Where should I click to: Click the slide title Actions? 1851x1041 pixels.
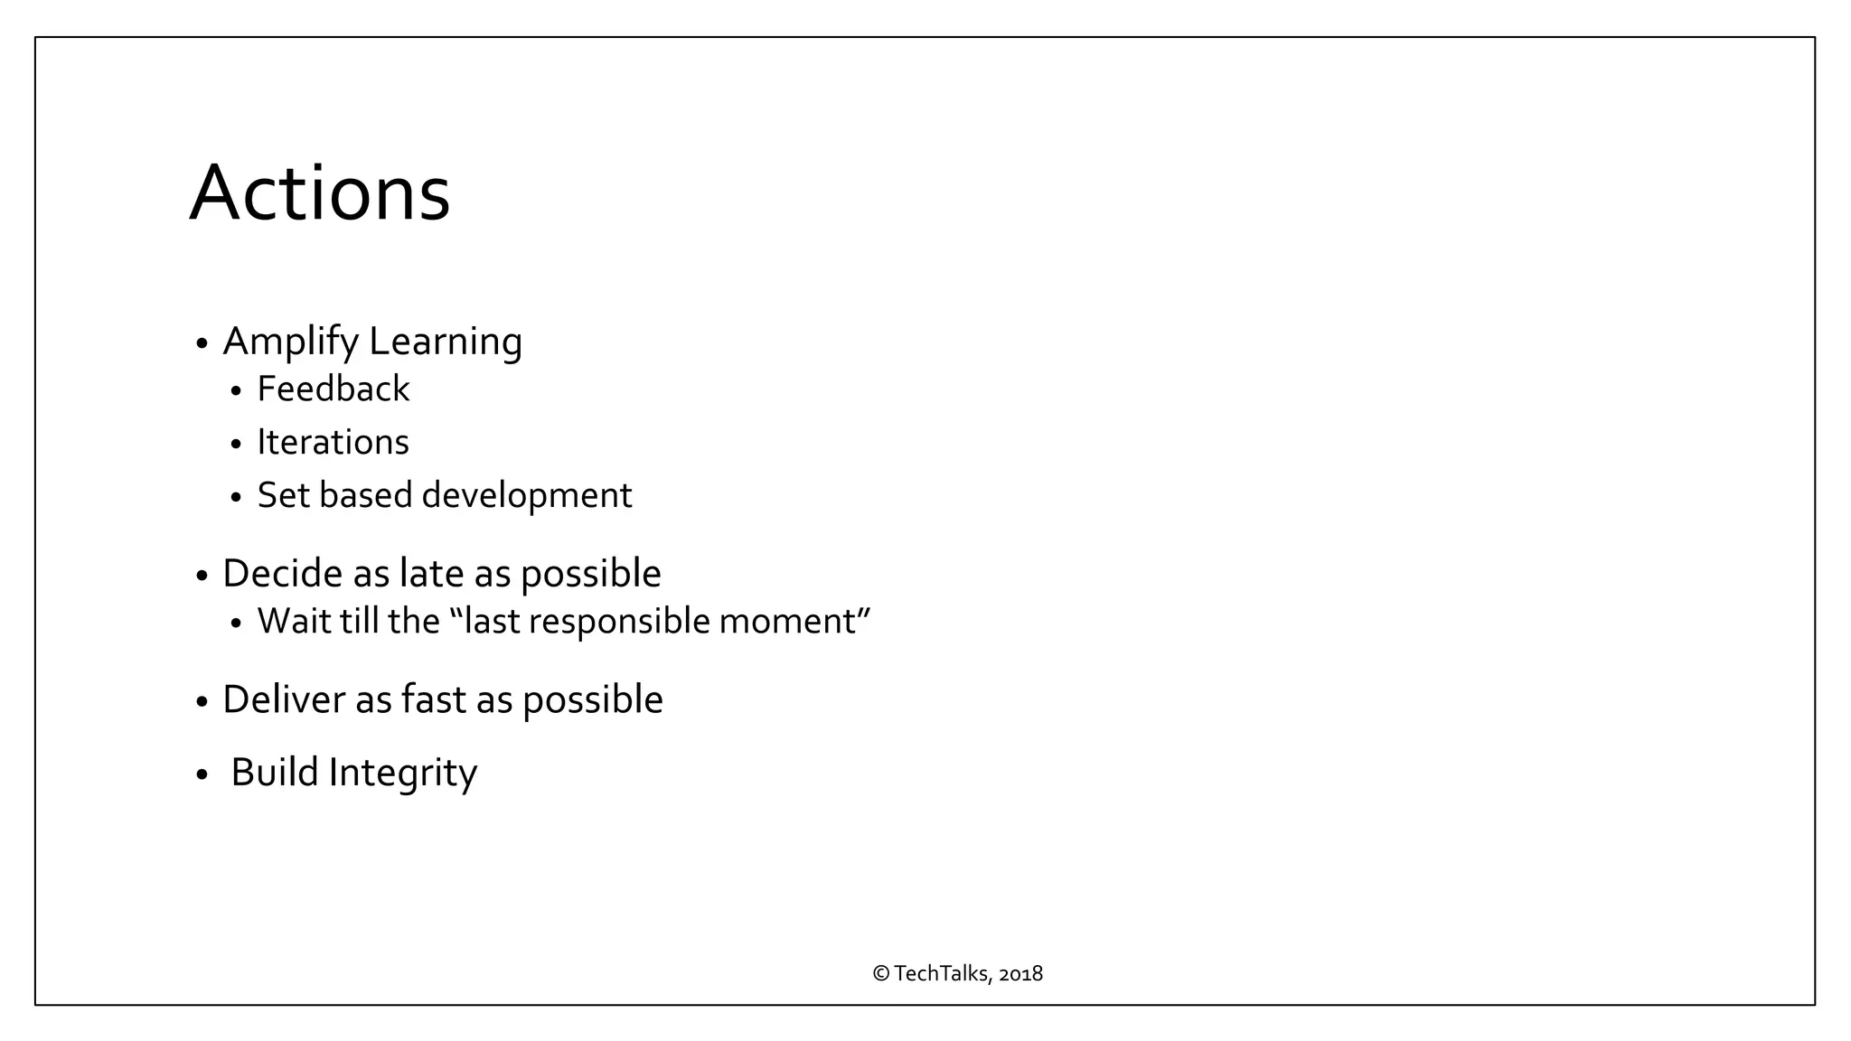point(319,192)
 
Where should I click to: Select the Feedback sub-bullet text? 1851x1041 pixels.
point(333,389)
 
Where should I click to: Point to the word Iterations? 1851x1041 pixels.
point(333,443)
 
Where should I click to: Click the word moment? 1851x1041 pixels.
point(787,622)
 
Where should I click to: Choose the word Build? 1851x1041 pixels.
point(274,773)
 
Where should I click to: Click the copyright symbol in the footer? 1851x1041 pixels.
point(881,973)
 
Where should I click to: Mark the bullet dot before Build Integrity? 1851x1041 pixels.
point(202,775)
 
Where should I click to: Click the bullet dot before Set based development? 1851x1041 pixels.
point(237,498)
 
